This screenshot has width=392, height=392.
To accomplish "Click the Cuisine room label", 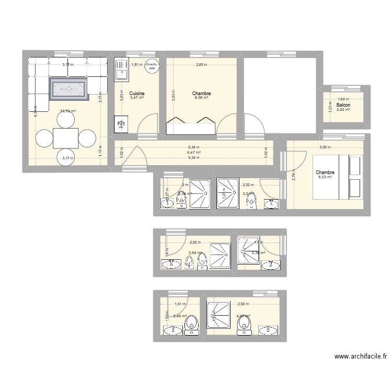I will tap(137, 94).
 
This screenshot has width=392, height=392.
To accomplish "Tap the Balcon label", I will tap(343, 105).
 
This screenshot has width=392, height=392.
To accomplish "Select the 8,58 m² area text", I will tap(201, 98).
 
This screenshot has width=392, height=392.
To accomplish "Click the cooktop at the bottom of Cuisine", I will tap(121, 124).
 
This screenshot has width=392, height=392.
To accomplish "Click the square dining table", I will tap(66, 139).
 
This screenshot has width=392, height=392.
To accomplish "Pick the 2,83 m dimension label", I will tap(201, 65).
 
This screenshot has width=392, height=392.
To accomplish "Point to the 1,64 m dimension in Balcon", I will tap(343, 99).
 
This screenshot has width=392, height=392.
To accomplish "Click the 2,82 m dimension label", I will tap(195, 242).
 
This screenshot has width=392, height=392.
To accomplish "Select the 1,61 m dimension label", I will tap(180, 304).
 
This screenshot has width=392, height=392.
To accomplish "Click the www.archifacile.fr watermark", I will tap(361, 356).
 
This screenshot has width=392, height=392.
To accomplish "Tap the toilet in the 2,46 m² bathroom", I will tap(191, 325).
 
